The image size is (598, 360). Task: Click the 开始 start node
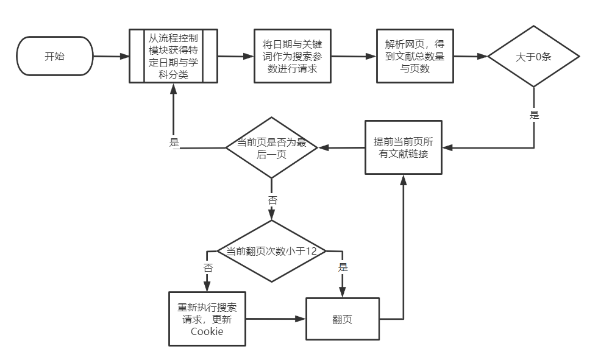54,56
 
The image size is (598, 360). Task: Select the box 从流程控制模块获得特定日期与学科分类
173,55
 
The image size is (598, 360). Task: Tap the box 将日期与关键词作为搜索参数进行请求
293,56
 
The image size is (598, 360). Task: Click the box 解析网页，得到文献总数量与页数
415,56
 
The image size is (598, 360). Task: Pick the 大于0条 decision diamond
533,57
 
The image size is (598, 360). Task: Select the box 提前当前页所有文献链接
403,147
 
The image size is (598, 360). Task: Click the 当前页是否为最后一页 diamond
271,148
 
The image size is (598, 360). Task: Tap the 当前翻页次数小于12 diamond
272,251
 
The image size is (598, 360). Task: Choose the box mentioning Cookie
207,319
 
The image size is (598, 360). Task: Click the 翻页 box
342,319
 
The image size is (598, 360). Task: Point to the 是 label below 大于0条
534,115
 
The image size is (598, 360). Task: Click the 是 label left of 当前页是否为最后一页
174,143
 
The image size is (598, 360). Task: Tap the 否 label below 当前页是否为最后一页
272,200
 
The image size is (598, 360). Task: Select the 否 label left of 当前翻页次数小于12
208,267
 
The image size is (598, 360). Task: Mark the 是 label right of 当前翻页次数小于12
342,267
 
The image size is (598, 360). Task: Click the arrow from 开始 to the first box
111,56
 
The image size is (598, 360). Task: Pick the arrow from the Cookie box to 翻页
276,319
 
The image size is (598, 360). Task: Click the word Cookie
207,332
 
